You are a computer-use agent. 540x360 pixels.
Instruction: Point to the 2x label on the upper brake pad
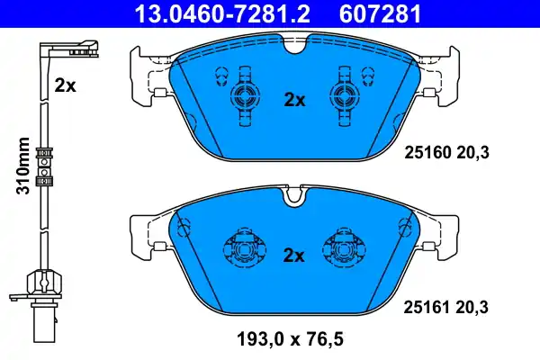[x=295, y=101]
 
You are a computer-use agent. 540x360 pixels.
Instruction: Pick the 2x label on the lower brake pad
[x=295, y=255]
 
